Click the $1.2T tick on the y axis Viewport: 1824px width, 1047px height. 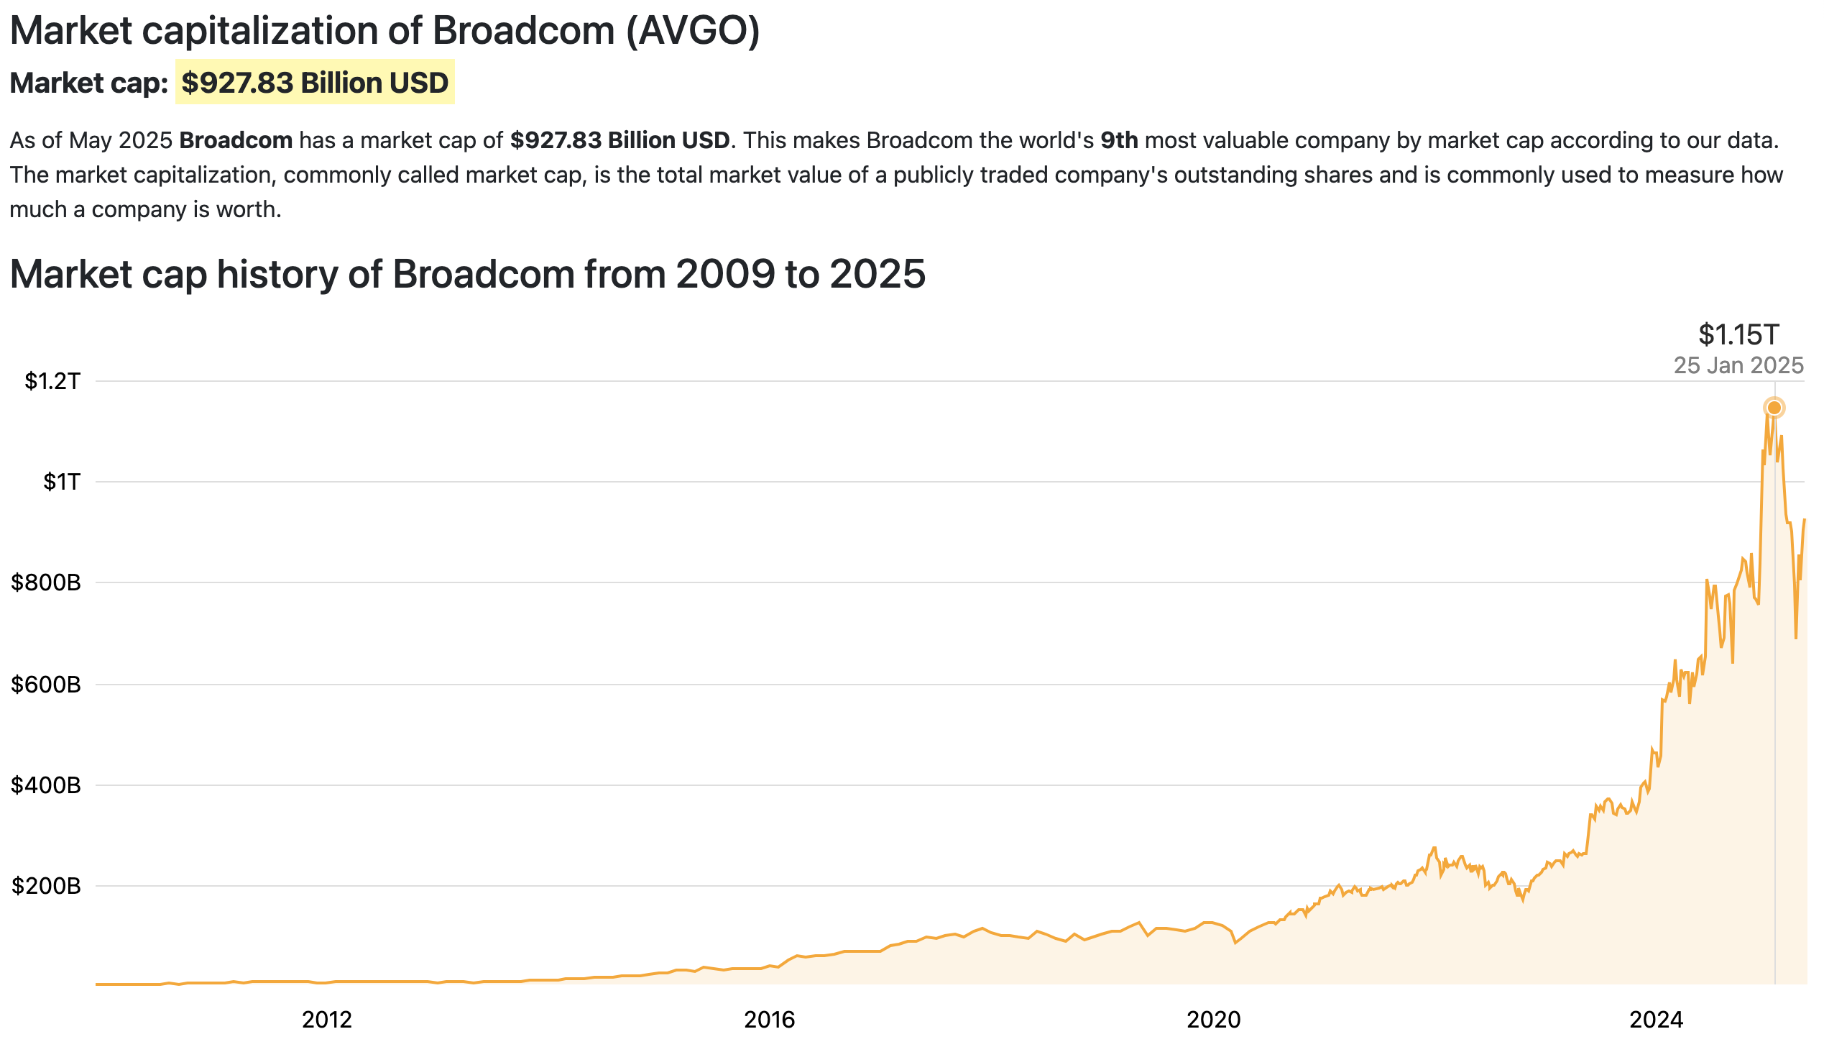pyautogui.click(x=52, y=381)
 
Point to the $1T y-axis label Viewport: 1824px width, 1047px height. pyautogui.click(x=62, y=482)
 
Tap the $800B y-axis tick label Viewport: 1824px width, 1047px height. pyautogui.click(x=46, y=582)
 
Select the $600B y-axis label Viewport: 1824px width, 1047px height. pyautogui.click(x=46, y=685)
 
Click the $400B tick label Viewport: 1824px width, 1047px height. pyautogui.click(x=46, y=785)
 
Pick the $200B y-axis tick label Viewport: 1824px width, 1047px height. pyautogui.click(x=46, y=886)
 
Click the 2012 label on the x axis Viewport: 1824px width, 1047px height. pyautogui.click(x=327, y=1020)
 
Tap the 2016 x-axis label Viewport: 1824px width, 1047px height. pyautogui.click(x=770, y=1020)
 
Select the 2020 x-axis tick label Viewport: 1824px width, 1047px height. pyautogui.click(x=1214, y=1020)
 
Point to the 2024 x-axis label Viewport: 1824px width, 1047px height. pyautogui.click(x=1657, y=1020)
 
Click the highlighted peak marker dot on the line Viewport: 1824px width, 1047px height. pyautogui.click(x=1774, y=408)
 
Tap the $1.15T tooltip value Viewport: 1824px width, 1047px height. pyautogui.click(x=1738, y=335)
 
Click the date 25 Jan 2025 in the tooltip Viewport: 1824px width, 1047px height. pyautogui.click(x=1738, y=365)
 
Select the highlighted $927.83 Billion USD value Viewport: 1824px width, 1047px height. pyautogui.click(x=315, y=83)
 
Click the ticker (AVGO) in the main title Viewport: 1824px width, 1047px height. pyautogui.click(x=693, y=31)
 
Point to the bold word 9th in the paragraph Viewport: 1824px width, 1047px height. pyautogui.click(x=1119, y=140)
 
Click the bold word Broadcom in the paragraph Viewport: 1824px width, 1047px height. pyautogui.click(x=236, y=140)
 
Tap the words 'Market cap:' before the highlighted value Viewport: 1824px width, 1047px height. pyautogui.click(x=89, y=83)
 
